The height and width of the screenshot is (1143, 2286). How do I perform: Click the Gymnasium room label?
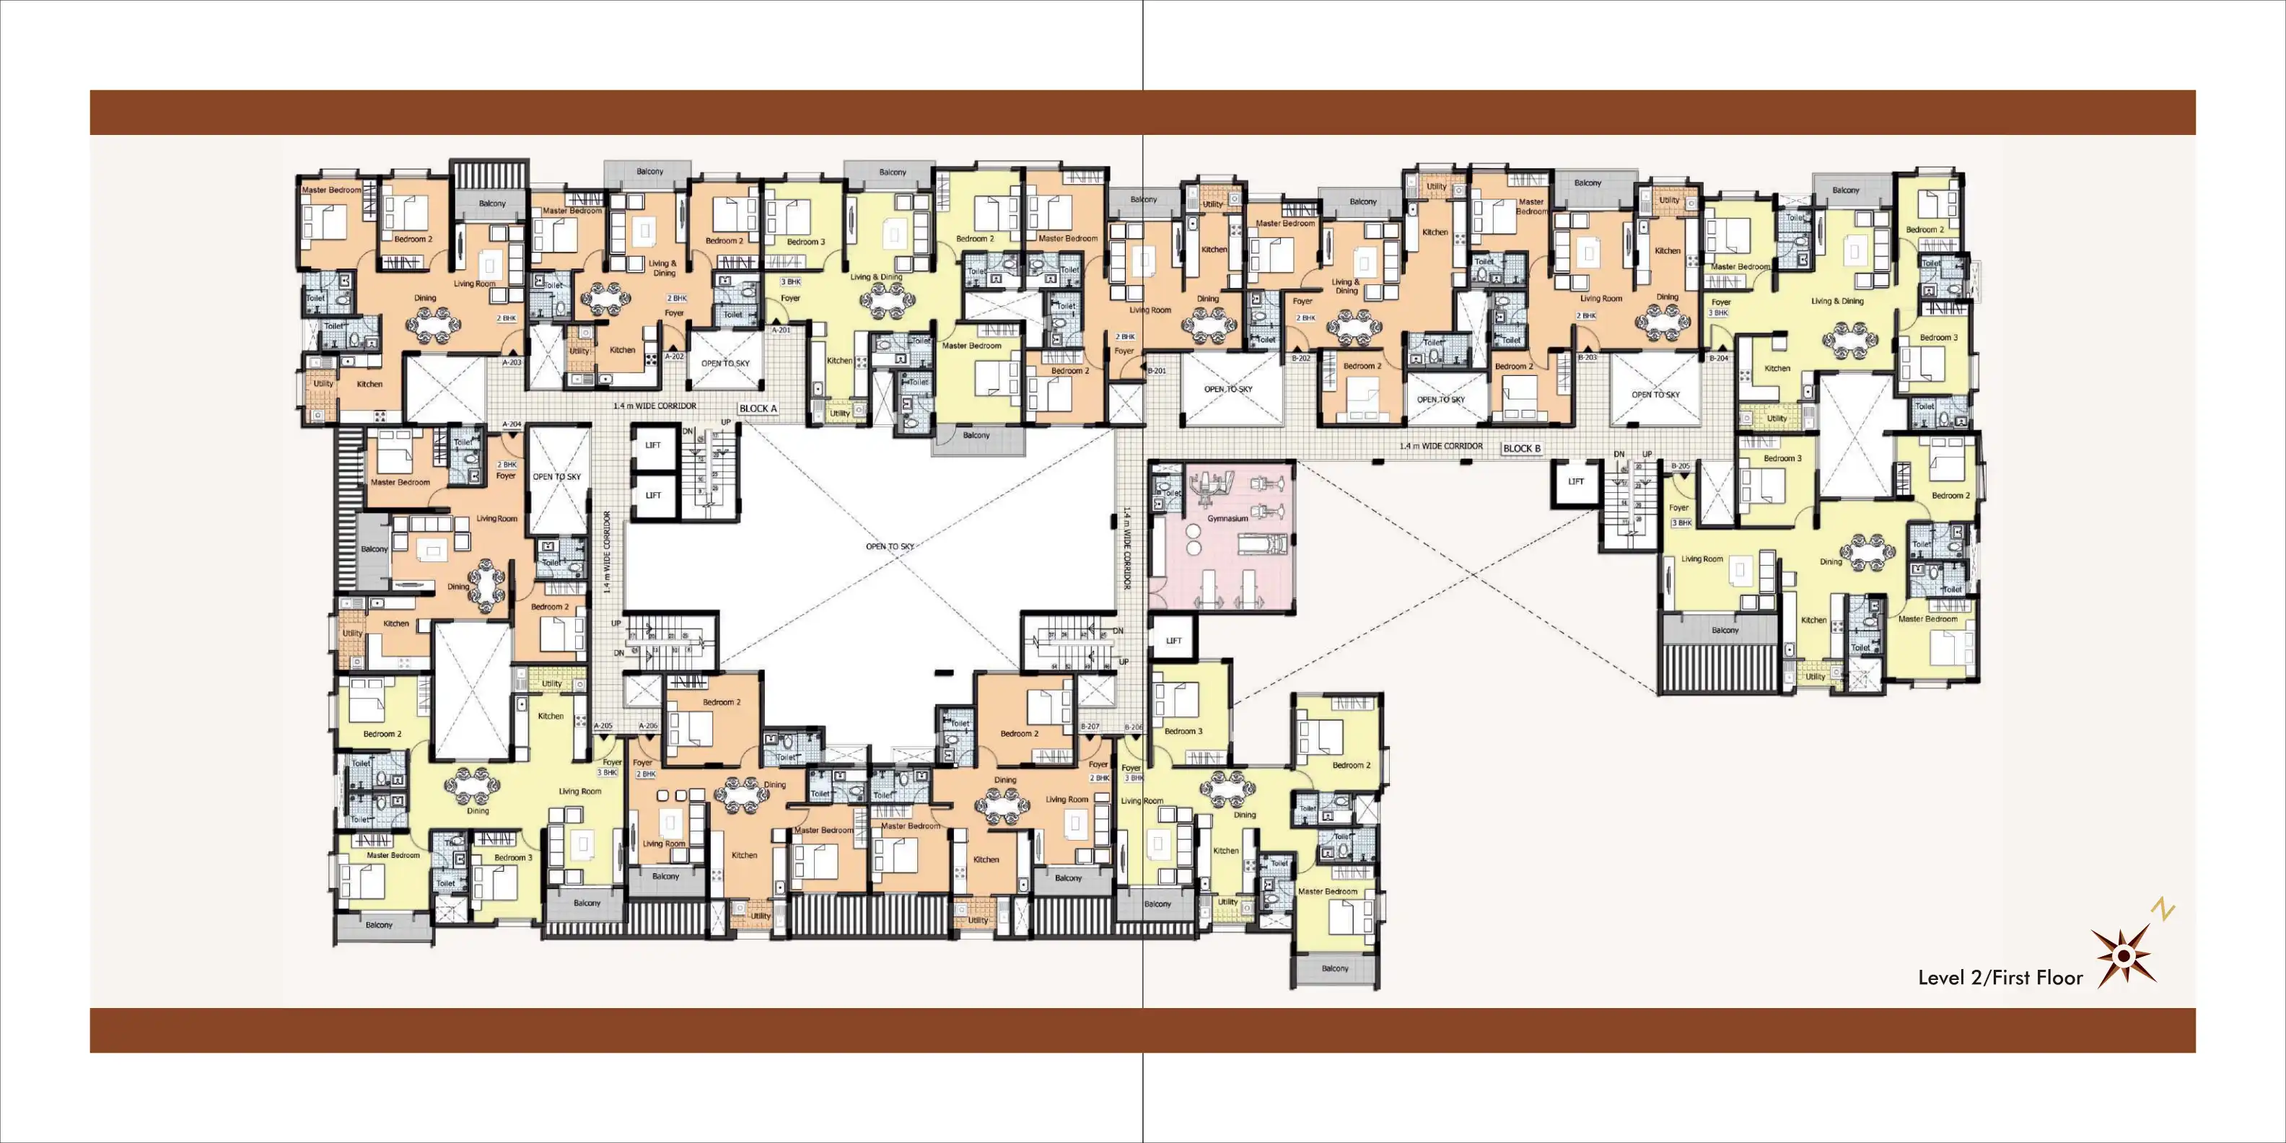[1227, 518]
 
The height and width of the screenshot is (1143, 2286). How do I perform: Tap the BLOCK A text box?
[758, 409]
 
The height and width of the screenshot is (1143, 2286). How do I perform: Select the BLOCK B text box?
[1522, 448]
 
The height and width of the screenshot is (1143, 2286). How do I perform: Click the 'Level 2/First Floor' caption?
[2000, 978]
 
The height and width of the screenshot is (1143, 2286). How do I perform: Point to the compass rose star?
[2124, 956]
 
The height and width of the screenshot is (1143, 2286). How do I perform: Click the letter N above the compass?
[2163, 910]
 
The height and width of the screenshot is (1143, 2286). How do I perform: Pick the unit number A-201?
[781, 330]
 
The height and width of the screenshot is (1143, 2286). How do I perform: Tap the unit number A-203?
[512, 362]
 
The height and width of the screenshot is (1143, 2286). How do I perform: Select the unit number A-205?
[603, 726]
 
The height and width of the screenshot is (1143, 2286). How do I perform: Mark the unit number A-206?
[649, 726]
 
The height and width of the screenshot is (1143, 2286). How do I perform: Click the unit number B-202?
[1301, 359]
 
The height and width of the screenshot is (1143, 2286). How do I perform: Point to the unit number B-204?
[1719, 359]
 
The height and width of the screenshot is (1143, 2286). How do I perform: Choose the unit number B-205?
[1681, 466]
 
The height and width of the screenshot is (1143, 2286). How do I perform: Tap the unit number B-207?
[1090, 727]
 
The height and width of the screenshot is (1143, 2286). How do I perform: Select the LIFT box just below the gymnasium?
[1174, 640]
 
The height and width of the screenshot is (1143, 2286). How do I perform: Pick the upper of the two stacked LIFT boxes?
[653, 445]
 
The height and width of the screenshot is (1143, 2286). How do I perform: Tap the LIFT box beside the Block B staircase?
[1576, 482]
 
